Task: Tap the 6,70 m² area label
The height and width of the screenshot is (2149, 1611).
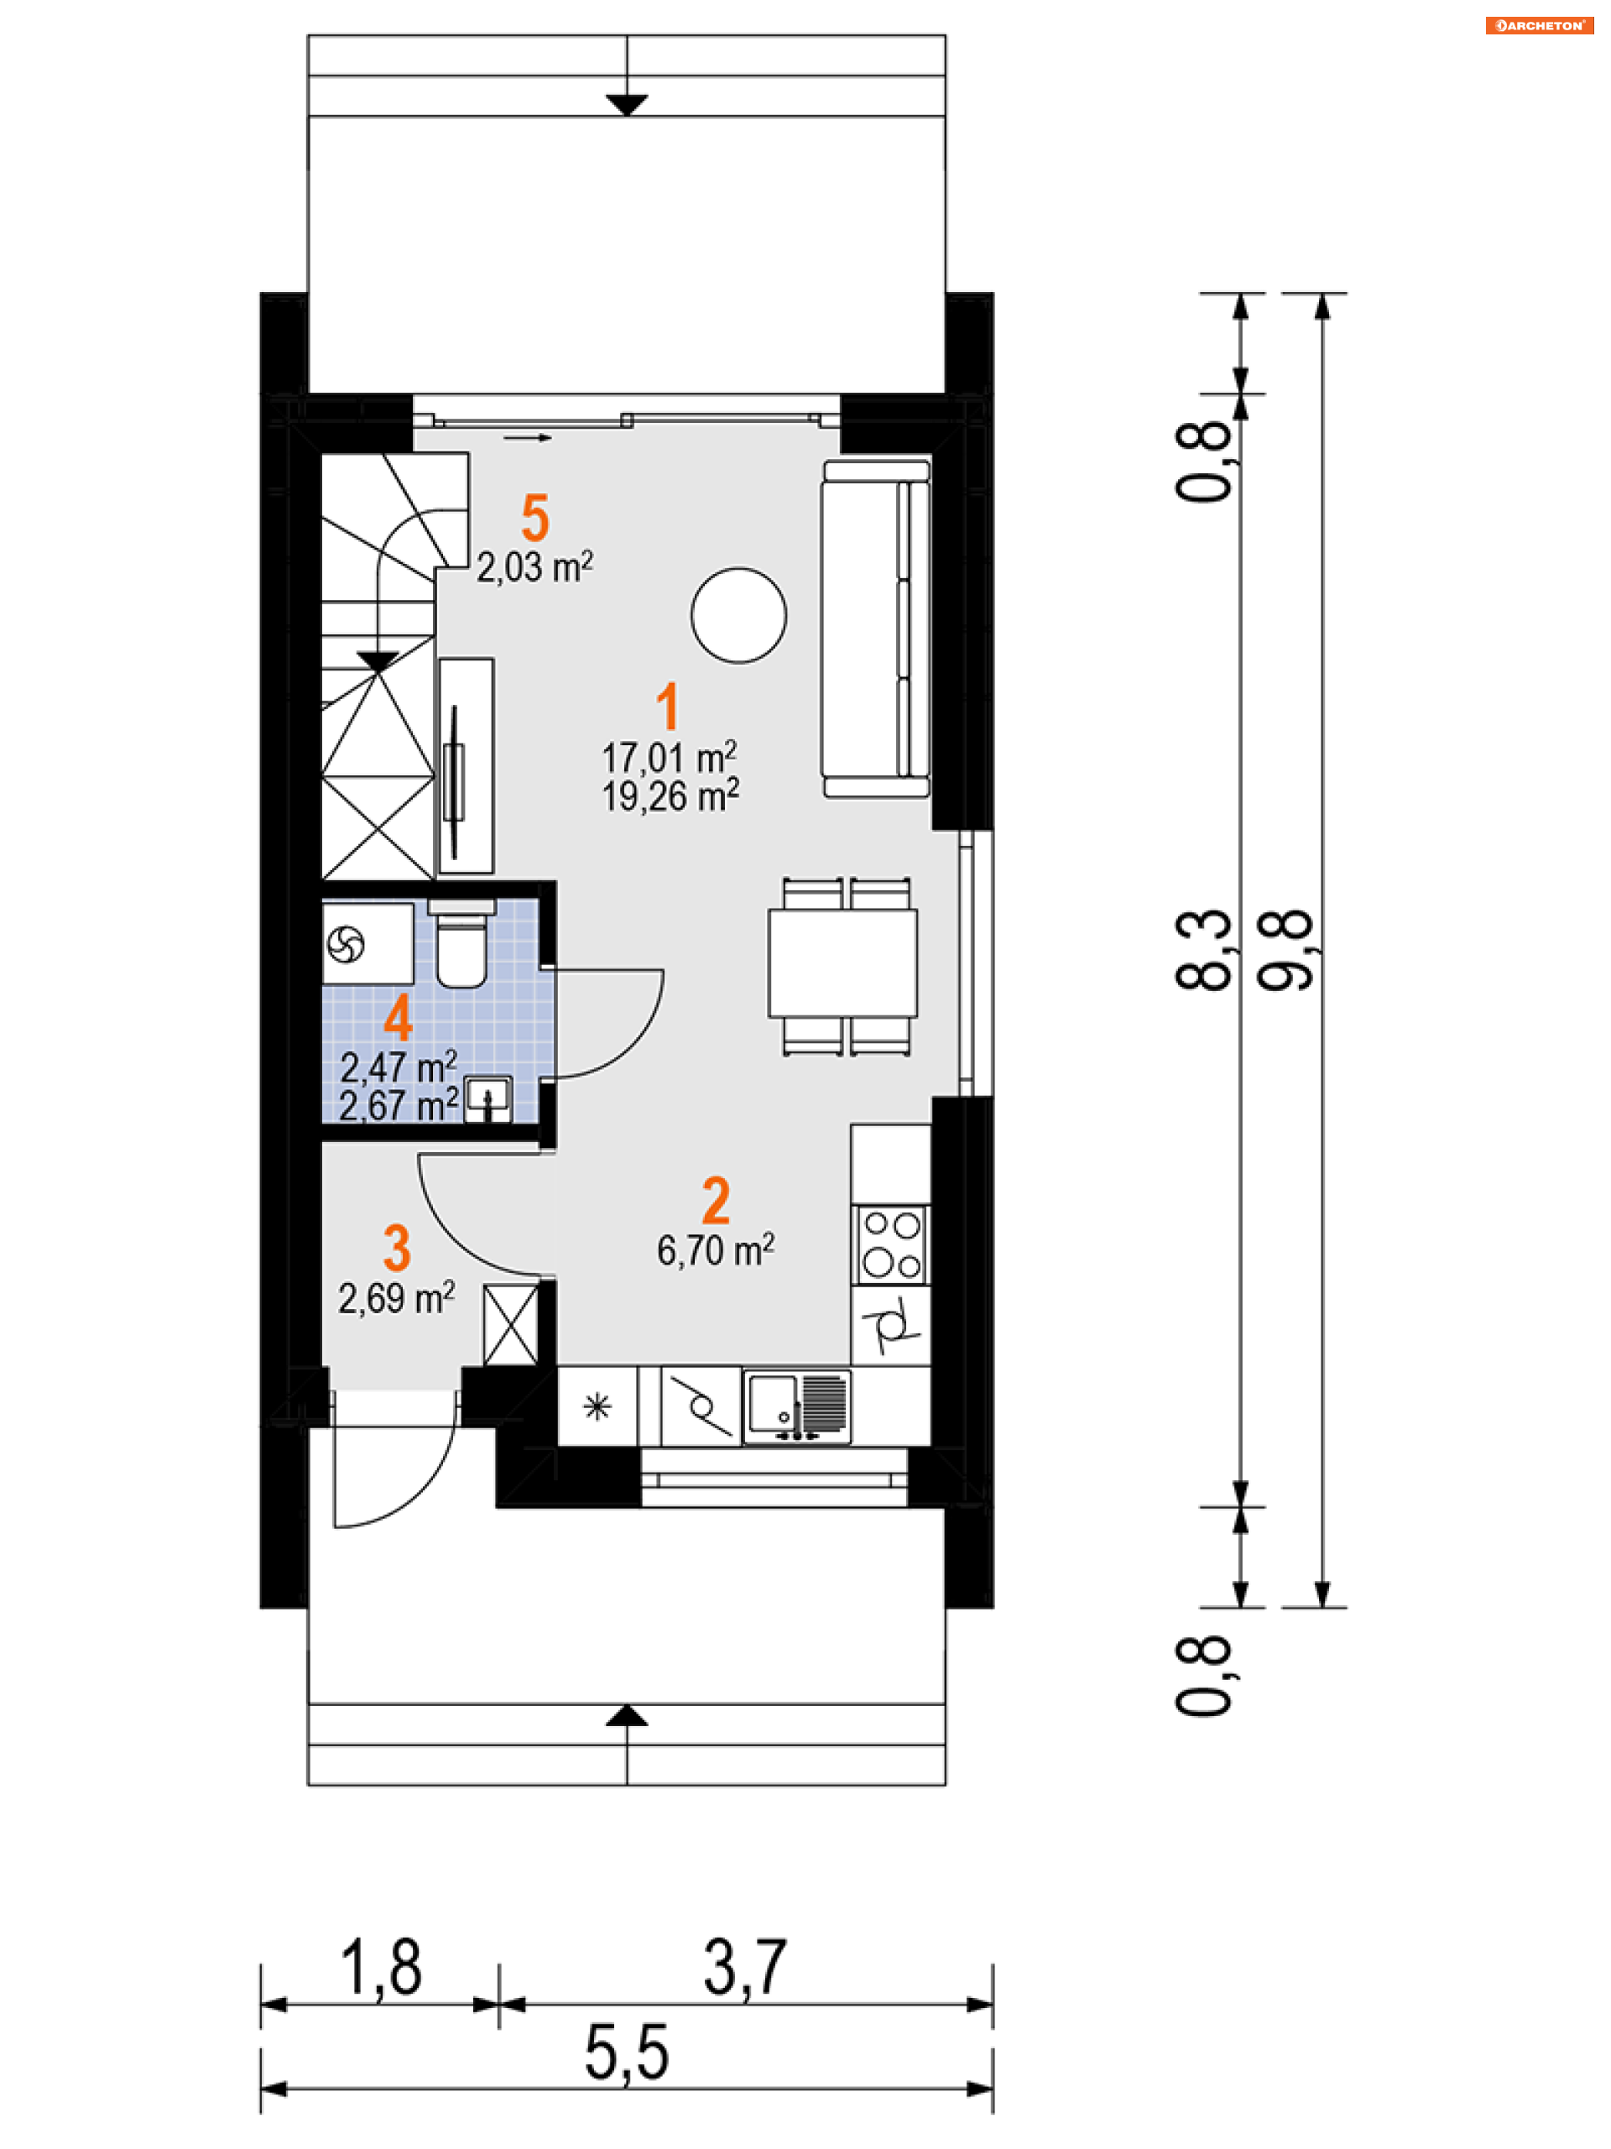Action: tap(715, 1249)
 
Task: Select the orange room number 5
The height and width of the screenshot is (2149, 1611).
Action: tap(535, 517)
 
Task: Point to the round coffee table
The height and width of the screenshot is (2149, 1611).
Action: tap(738, 615)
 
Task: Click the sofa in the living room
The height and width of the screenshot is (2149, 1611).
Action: tap(875, 629)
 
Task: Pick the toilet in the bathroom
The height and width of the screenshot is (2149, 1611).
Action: tap(461, 943)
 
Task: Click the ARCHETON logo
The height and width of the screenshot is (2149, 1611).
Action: tap(1539, 25)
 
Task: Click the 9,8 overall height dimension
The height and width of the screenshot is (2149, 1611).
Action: tap(1285, 950)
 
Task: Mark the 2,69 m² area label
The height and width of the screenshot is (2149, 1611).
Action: tap(396, 1298)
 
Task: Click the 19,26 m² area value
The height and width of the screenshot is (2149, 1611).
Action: tap(670, 795)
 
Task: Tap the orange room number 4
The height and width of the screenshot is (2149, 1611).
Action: tap(398, 1018)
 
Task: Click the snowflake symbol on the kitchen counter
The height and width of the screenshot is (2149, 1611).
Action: tap(597, 1406)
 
